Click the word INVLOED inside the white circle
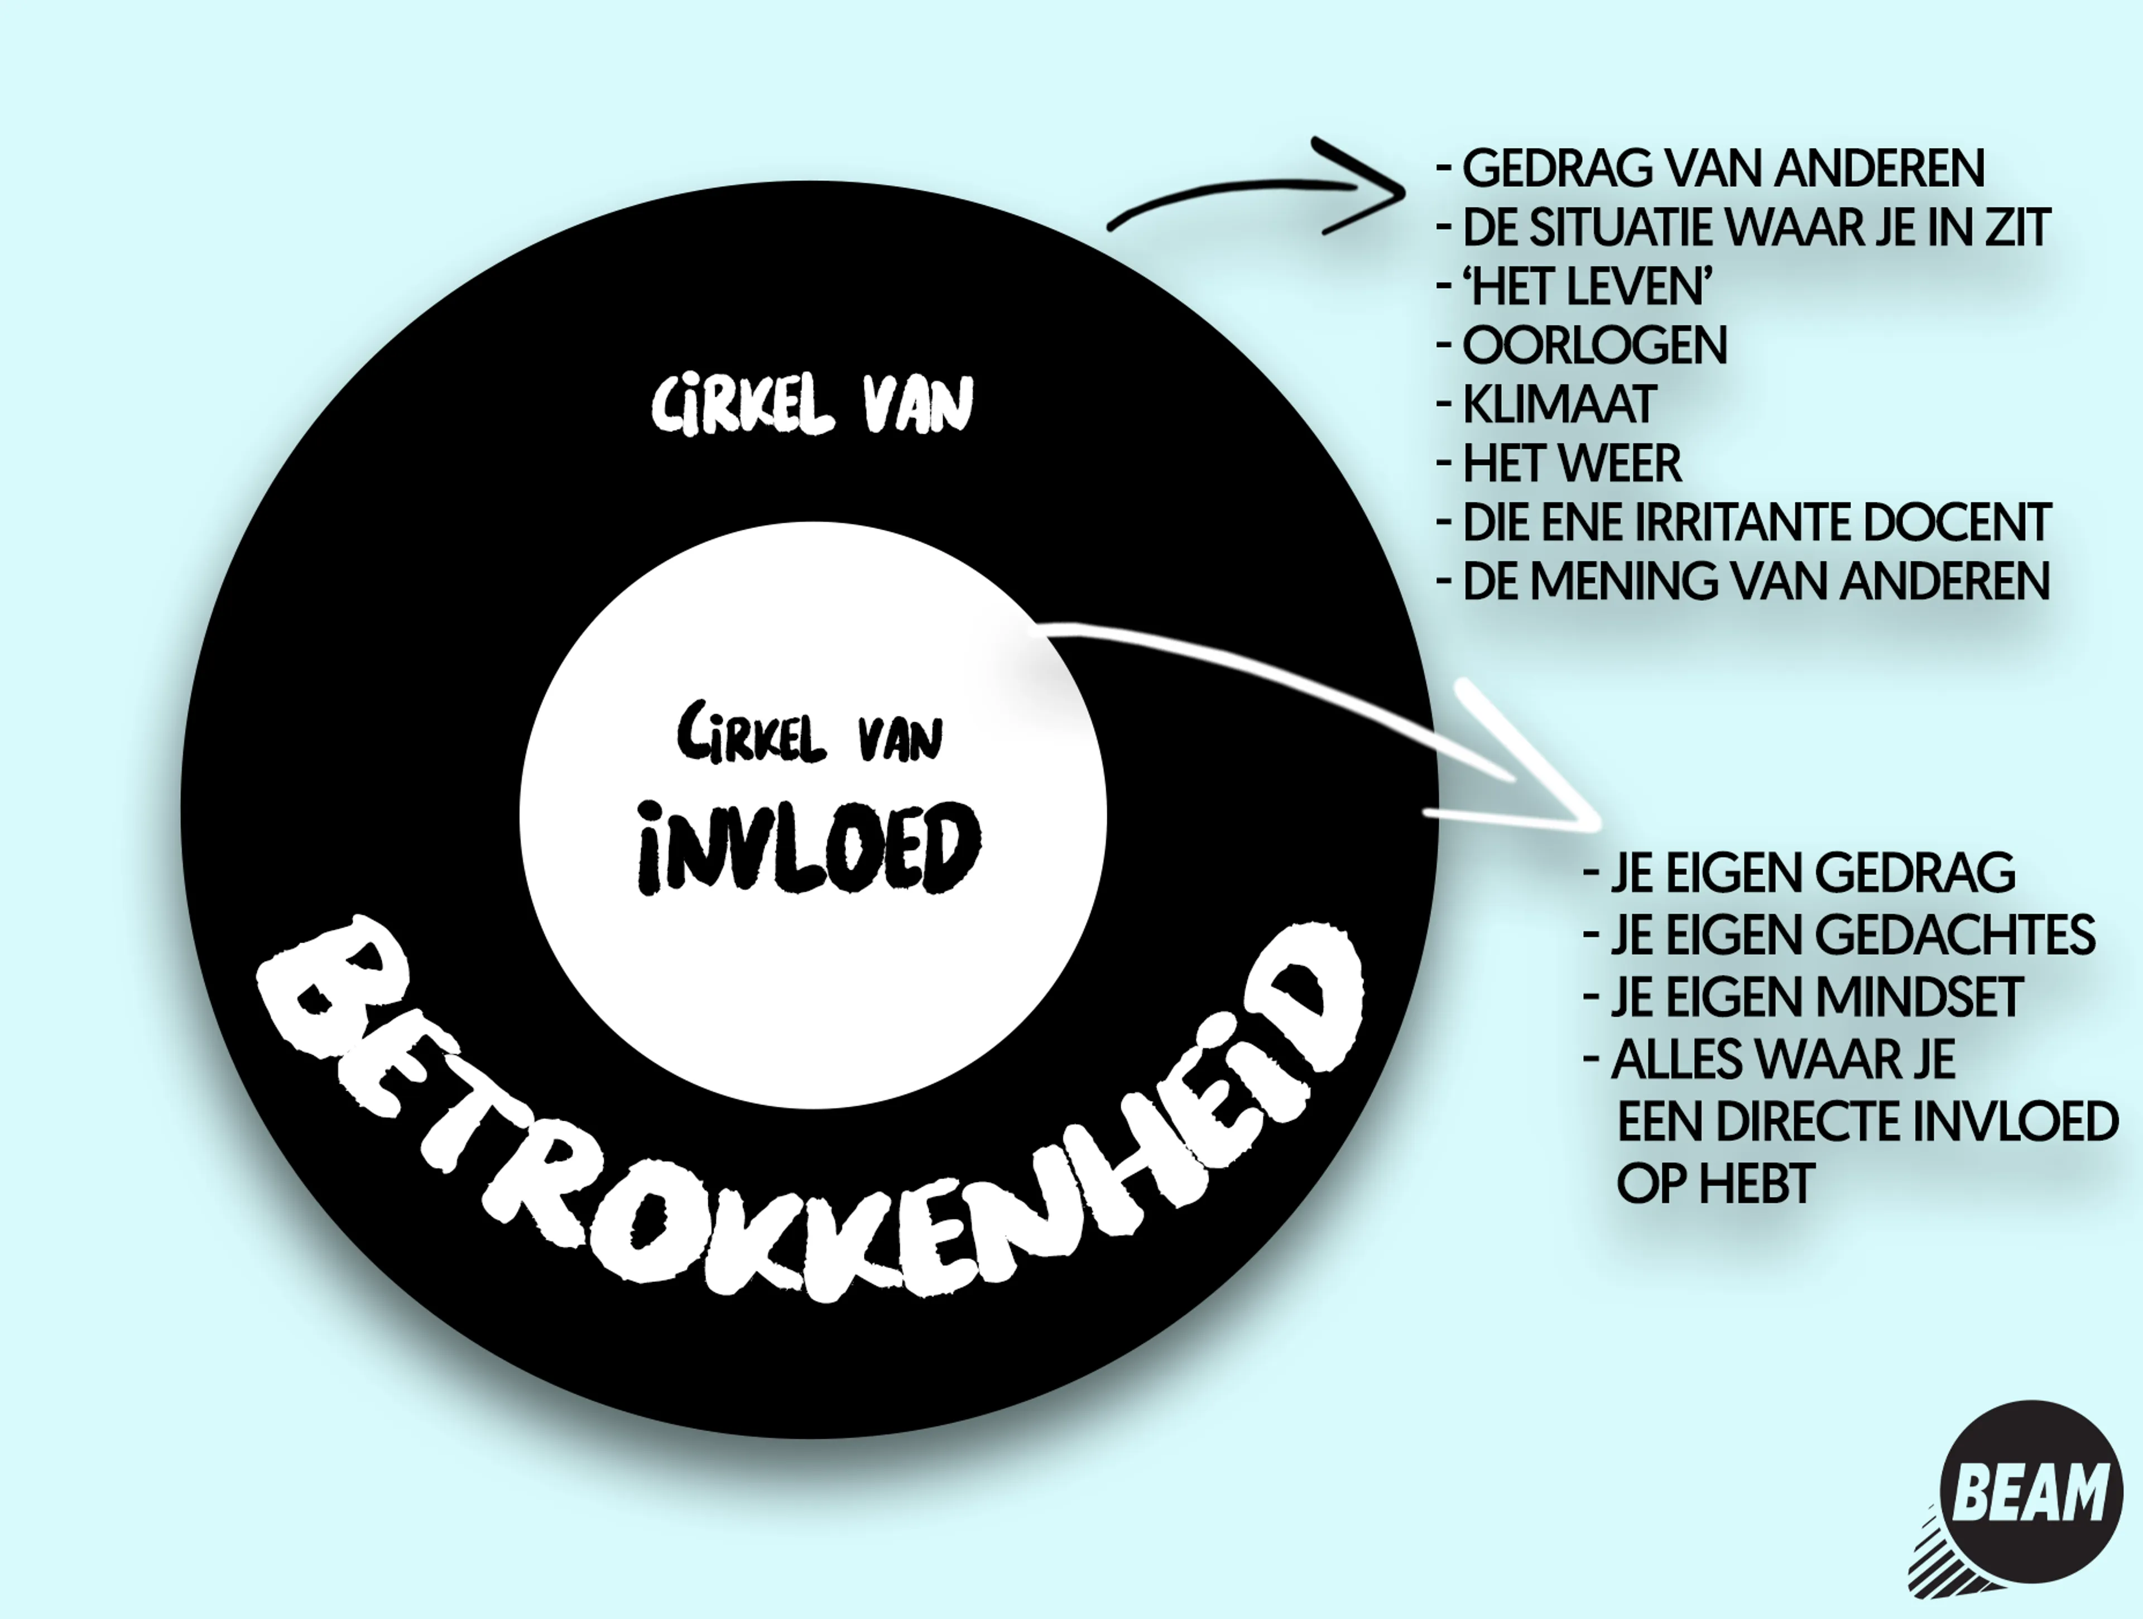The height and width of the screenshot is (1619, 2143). [x=809, y=846]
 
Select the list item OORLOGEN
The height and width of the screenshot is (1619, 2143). [x=1594, y=346]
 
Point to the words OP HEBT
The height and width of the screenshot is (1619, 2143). [x=1715, y=1184]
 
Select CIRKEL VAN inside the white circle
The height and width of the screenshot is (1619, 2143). [x=809, y=736]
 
